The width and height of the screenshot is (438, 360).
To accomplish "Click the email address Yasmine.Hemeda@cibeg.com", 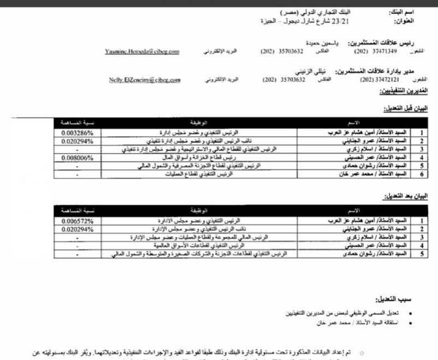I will pyautogui.click(x=142, y=51).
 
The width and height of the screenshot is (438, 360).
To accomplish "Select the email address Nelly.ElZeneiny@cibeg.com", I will pyautogui.click(x=145, y=80).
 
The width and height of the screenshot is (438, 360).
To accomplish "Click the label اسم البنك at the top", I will pyautogui.click(x=401, y=11).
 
